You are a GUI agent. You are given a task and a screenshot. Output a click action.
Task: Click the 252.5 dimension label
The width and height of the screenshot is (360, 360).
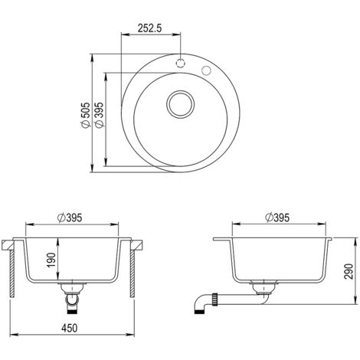(150, 28)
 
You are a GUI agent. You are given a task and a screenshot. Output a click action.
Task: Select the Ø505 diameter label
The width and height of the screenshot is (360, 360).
(85, 115)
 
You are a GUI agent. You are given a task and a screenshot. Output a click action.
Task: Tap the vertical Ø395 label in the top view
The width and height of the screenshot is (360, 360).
(99, 115)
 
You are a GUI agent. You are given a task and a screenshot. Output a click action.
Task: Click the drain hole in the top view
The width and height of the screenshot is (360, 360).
(180, 104)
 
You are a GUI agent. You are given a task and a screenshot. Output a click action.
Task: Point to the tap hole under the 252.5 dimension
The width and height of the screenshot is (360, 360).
(180, 63)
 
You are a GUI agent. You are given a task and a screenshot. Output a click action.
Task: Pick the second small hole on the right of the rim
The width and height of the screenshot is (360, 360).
(206, 70)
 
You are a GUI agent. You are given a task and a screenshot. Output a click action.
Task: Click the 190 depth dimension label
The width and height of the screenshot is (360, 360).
(51, 260)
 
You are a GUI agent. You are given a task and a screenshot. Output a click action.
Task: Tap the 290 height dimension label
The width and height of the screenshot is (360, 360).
(349, 271)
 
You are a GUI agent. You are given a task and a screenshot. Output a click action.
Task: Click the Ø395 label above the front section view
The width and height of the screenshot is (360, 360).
(70, 218)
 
